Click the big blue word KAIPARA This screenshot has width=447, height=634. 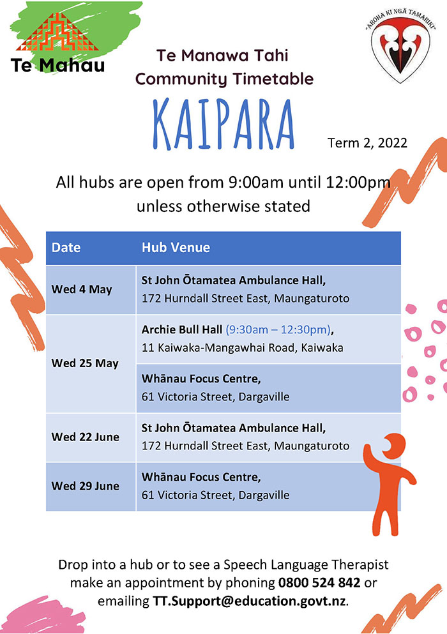(223, 125)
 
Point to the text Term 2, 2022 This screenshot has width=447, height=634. (367, 143)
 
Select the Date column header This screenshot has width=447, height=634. (66, 248)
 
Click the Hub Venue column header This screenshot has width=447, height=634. (176, 248)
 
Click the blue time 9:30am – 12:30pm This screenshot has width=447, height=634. (278, 329)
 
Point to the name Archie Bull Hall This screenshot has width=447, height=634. (181, 329)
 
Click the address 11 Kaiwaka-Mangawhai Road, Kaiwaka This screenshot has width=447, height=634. (242, 348)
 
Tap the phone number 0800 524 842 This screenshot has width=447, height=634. (319, 583)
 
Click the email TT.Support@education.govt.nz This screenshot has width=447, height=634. (249, 601)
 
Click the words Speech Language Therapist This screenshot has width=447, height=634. (306, 565)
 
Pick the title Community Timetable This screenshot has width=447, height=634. (224, 79)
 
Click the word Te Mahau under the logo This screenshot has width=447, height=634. (57, 65)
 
